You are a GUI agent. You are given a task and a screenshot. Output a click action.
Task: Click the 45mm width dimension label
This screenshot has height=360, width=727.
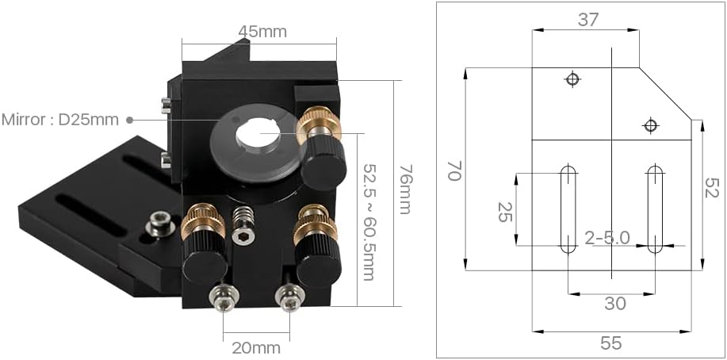point(262,32)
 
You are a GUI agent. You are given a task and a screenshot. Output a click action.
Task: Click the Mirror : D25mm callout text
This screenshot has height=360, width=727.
point(59,120)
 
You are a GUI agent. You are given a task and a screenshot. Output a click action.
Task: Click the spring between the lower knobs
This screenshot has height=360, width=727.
point(244,216)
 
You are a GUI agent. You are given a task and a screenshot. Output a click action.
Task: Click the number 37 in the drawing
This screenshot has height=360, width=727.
point(587,20)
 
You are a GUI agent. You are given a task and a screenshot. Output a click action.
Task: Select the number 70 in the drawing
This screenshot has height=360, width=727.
point(454,170)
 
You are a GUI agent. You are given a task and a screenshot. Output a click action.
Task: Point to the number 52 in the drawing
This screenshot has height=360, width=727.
point(713,189)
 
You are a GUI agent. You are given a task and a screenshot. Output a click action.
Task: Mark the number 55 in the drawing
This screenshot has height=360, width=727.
point(610,343)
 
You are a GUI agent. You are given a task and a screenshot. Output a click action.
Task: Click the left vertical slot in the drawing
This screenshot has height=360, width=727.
point(568,209)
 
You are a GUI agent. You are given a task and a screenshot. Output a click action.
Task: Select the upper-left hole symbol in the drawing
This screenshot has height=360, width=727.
point(572,79)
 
